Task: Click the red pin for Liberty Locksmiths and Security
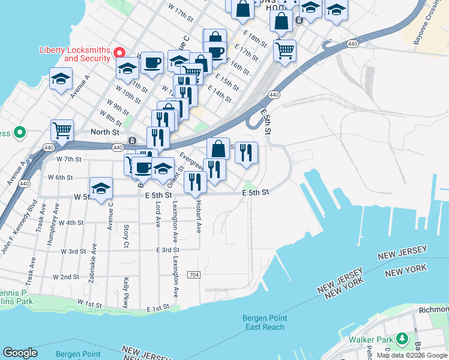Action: point(119,53)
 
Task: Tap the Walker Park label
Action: point(371,340)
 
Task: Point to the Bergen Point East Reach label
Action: point(265,323)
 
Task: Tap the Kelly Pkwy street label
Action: point(126,290)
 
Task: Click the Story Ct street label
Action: point(126,235)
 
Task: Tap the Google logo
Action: point(20,353)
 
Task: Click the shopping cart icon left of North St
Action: point(62,130)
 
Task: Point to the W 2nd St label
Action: point(66,277)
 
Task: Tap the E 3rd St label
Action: point(167,250)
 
